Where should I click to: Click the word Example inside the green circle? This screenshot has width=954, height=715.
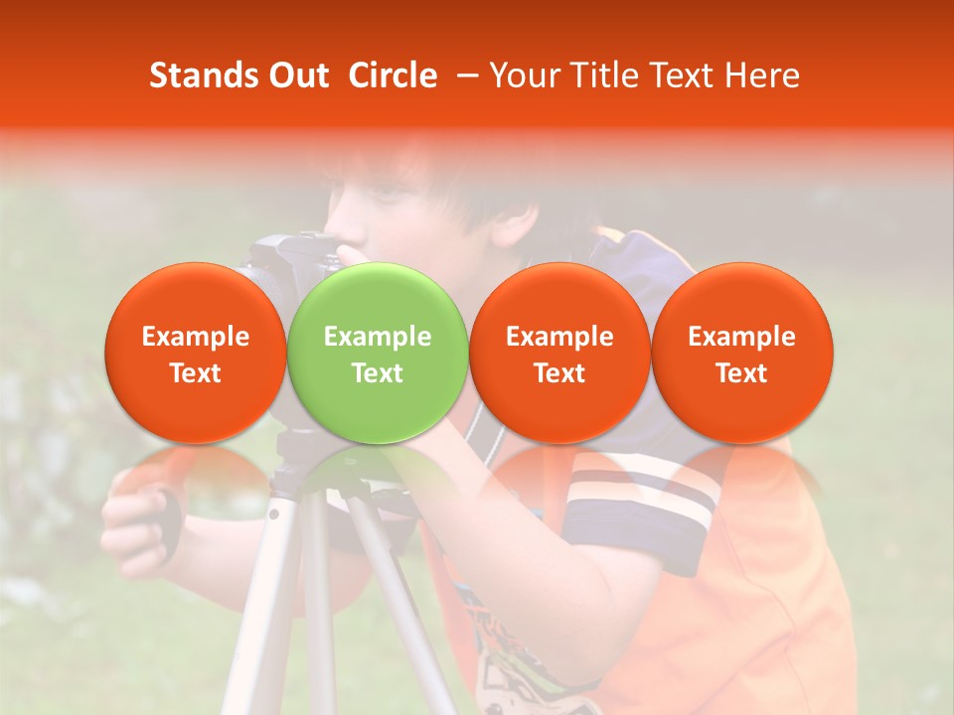(x=378, y=337)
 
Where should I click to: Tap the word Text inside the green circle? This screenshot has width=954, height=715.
(x=378, y=373)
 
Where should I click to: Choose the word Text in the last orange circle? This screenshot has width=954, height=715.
(x=742, y=373)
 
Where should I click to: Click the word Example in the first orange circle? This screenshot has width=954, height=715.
(x=195, y=337)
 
